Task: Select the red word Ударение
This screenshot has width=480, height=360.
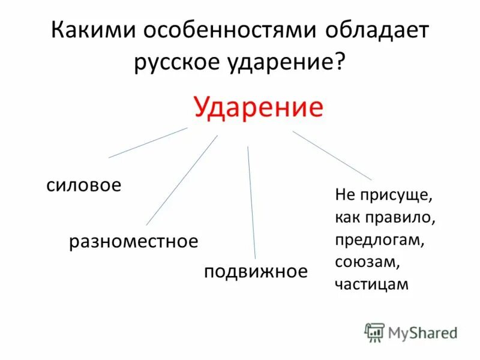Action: click(x=259, y=108)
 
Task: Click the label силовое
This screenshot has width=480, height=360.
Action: click(x=84, y=185)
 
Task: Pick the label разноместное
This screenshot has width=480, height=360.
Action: click(x=133, y=242)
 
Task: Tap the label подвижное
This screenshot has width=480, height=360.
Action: click(x=256, y=271)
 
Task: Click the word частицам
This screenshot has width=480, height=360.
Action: click(x=372, y=284)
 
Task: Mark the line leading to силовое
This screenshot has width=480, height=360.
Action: click(x=148, y=142)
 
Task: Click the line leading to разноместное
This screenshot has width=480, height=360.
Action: click(x=181, y=180)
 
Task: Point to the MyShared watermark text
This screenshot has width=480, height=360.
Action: click(x=422, y=332)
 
